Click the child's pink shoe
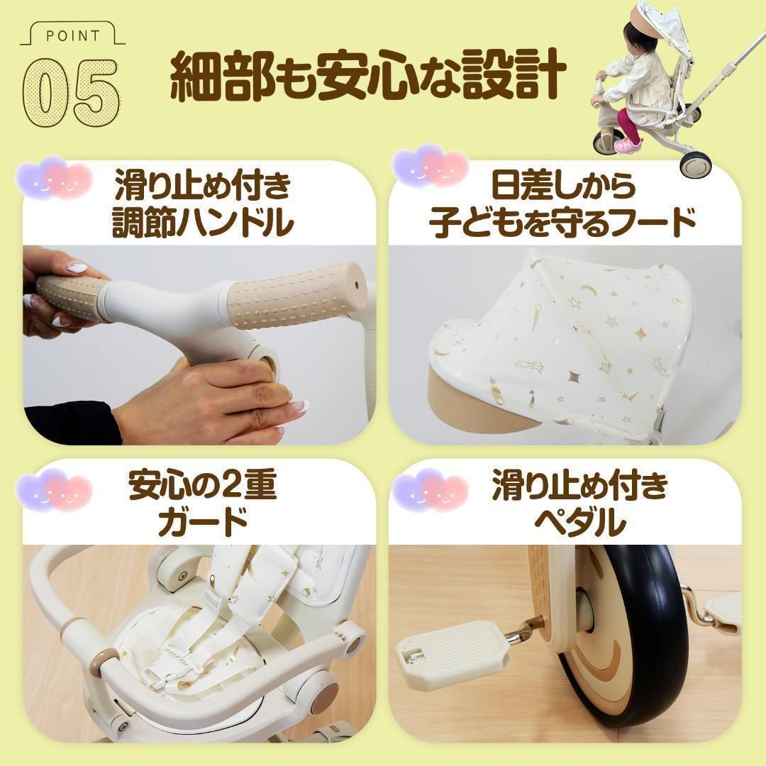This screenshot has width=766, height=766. tap(627, 145)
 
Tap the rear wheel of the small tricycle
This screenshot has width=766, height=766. tap(692, 164)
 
